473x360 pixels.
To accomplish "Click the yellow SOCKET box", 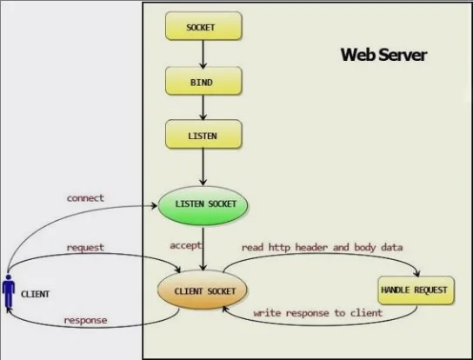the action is [x=203, y=26].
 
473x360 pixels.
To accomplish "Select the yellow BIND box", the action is [x=203, y=81].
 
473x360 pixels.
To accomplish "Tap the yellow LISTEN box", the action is [x=203, y=134].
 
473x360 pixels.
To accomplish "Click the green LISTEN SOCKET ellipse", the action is [x=203, y=205].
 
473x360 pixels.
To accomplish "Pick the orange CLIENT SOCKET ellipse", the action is [x=203, y=290].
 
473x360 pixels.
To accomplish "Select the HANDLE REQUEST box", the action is [x=416, y=290].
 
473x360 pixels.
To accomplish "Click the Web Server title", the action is [x=383, y=55].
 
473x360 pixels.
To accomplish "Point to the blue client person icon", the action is [x=9, y=291].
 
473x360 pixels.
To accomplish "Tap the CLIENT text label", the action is [x=35, y=294].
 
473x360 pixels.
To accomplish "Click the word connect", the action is [x=85, y=198].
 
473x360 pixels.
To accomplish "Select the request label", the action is [x=85, y=248].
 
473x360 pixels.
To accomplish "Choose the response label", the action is [x=86, y=320].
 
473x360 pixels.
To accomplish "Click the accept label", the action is [x=185, y=245].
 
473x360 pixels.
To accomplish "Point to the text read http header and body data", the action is [x=323, y=248].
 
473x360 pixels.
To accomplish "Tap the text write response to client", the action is [x=318, y=313].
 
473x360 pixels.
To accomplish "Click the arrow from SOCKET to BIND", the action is [x=203, y=54].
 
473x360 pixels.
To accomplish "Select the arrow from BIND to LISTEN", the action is [x=203, y=108].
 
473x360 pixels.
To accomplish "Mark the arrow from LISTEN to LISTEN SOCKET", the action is [x=203, y=167].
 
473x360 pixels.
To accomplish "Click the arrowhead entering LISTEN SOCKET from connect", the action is [x=154, y=206].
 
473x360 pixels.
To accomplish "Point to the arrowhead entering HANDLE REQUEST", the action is [x=416, y=273].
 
